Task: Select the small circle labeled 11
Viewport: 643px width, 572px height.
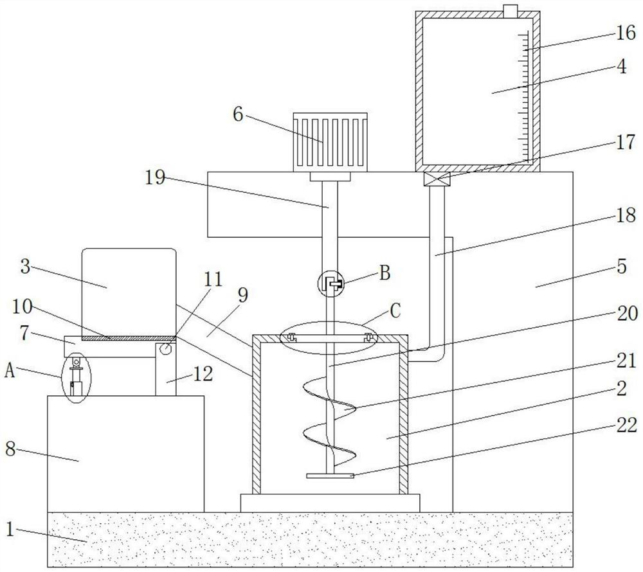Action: tap(166, 349)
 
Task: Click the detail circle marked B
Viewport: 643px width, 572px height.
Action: tap(331, 283)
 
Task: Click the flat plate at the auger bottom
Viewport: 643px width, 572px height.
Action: tap(331, 476)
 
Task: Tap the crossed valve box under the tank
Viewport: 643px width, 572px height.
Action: tap(437, 179)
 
